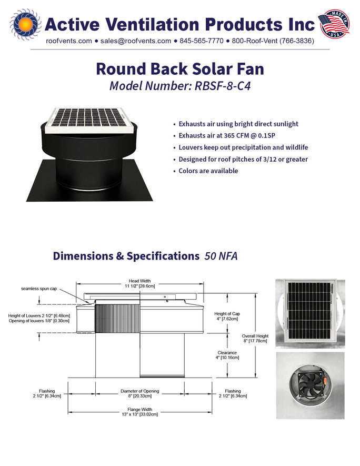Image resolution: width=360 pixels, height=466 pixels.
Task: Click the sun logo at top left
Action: [x=25, y=24]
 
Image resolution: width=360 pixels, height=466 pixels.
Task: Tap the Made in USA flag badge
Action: [x=334, y=24]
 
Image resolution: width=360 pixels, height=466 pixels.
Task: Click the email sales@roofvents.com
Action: [x=136, y=41]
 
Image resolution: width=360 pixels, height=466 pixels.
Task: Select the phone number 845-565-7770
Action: [x=202, y=41]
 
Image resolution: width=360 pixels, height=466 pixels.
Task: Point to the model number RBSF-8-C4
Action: [x=223, y=86]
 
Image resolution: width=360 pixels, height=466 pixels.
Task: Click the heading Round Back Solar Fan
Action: [x=180, y=68]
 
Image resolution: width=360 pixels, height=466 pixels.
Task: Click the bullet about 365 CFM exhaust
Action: [x=227, y=135]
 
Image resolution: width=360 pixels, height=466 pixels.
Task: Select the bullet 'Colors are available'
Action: [x=208, y=171]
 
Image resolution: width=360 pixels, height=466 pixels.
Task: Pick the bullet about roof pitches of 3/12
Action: [x=243, y=160]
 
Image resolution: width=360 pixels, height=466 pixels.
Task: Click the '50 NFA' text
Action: [x=221, y=256]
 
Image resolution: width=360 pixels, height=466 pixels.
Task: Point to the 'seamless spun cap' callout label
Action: [x=39, y=289]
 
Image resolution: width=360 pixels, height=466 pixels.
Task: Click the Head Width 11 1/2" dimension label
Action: [x=139, y=283]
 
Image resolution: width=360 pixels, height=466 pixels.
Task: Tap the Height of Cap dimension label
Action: [x=227, y=316]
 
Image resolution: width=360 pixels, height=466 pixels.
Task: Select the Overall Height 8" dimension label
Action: [x=255, y=338]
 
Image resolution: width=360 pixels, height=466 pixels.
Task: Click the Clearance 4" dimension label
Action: [x=227, y=355]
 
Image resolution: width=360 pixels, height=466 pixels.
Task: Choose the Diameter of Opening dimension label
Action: [x=139, y=393]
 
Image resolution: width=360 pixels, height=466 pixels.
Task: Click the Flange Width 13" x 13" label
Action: [x=139, y=412]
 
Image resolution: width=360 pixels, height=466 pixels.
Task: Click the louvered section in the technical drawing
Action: [x=117, y=318]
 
